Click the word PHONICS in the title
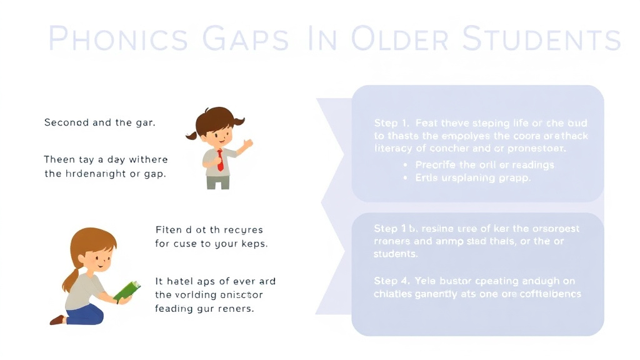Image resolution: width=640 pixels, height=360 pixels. point(117,39)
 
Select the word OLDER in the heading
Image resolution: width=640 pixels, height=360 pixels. point(399,39)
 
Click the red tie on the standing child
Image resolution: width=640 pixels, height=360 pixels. point(220,159)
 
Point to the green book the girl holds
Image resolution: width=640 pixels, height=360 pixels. point(127,291)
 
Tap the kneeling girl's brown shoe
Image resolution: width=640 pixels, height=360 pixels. point(57,320)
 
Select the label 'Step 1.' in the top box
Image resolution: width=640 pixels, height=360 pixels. point(391,123)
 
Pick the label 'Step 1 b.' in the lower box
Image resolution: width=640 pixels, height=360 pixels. point(396,229)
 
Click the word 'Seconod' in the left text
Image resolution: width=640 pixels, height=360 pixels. point(66,122)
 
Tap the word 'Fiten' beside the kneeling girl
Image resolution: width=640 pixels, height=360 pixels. point(168,230)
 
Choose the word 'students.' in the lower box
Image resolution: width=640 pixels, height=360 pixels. point(396,254)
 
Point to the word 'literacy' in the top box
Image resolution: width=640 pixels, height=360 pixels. point(392,149)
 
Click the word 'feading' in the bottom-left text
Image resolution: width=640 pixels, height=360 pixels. point(174,308)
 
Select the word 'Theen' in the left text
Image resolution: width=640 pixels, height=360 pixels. point(59,160)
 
